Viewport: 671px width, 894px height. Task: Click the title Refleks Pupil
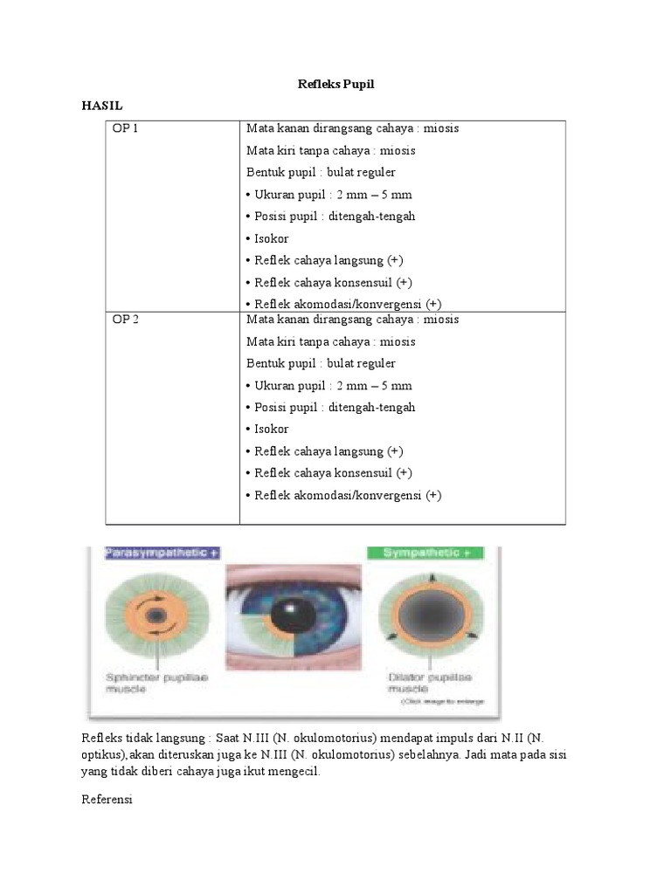pyautogui.click(x=335, y=84)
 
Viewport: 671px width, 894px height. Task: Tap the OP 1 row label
pyautogui.click(x=126, y=128)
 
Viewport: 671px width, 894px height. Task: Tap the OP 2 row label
pyautogui.click(x=126, y=320)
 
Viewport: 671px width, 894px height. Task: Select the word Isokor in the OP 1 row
pyautogui.click(x=271, y=238)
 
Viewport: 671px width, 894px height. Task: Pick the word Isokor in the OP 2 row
pyautogui.click(x=271, y=430)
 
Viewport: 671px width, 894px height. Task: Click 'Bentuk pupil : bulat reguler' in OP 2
pyautogui.click(x=321, y=363)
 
